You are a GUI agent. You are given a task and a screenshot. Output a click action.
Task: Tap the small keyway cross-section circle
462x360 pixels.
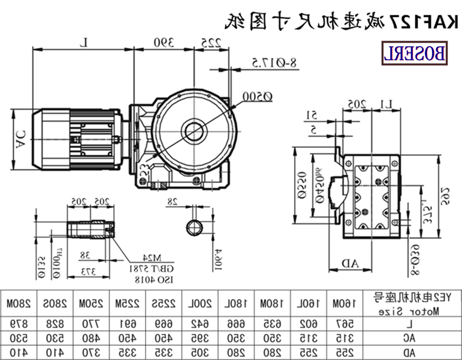coord(195,227)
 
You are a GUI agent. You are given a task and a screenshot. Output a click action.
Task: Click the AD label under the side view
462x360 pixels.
coord(351,263)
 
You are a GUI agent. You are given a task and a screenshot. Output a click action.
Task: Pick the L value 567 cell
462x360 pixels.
coord(340,321)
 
